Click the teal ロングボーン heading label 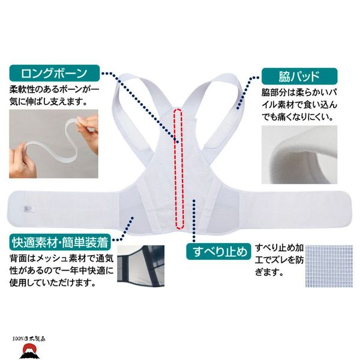(55, 73)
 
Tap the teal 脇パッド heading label (299, 76)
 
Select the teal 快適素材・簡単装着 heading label (60, 242)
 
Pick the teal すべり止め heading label (218, 251)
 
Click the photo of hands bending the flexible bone (54, 144)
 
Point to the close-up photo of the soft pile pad (299, 155)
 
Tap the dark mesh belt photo (141, 266)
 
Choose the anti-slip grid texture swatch (329, 266)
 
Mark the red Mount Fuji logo (28, 351)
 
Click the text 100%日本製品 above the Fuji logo (29, 339)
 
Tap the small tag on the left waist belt (29, 209)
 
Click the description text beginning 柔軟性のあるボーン (54, 95)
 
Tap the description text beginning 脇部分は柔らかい (299, 105)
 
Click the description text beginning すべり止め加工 (280, 260)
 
